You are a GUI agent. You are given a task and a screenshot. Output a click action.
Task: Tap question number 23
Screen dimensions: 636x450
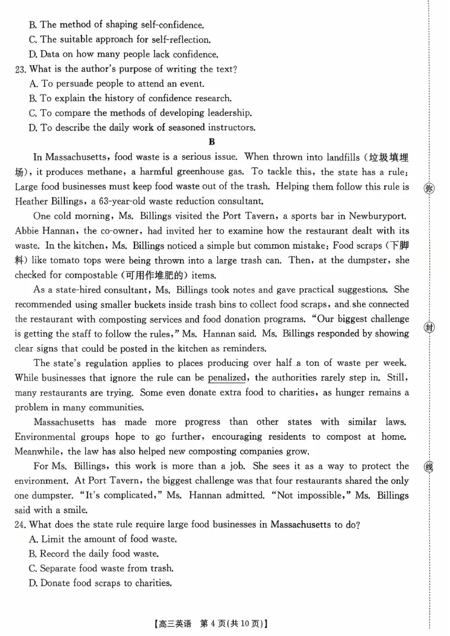(x=21, y=69)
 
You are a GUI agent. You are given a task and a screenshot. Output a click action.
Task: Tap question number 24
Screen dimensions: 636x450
(x=21, y=524)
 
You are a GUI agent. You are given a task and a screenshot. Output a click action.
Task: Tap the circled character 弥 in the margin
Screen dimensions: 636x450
(x=429, y=188)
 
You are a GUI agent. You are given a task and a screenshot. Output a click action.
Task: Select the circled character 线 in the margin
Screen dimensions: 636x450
(x=429, y=467)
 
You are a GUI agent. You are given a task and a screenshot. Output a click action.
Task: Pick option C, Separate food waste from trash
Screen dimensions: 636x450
(x=101, y=568)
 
